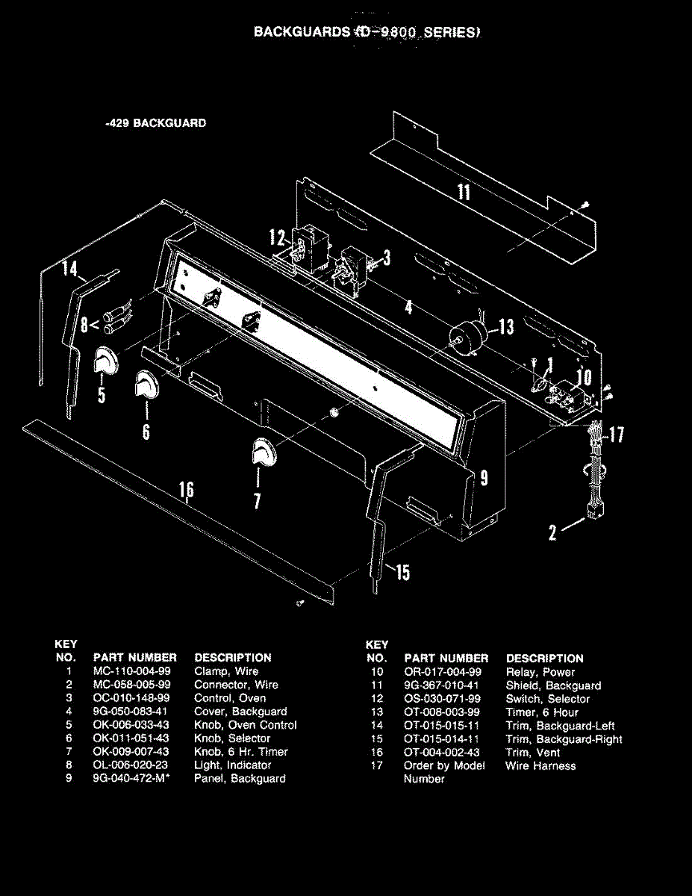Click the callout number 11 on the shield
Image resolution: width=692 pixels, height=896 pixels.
464,193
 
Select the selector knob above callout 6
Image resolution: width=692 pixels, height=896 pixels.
145,386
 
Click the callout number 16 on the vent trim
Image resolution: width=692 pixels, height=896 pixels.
186,490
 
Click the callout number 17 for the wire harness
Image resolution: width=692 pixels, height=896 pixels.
617,435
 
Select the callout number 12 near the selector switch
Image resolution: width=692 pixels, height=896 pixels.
277,239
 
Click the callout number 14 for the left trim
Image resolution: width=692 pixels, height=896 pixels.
70,267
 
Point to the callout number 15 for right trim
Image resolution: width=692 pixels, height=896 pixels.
402,573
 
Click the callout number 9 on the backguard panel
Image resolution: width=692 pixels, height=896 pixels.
484,478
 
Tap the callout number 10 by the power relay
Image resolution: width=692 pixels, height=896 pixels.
585,377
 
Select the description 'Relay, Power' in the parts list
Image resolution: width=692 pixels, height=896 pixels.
540,672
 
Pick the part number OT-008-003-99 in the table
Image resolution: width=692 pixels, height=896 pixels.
442,712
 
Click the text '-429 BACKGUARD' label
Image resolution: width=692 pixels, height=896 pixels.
156,123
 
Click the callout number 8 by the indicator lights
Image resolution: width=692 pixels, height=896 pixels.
84,325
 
